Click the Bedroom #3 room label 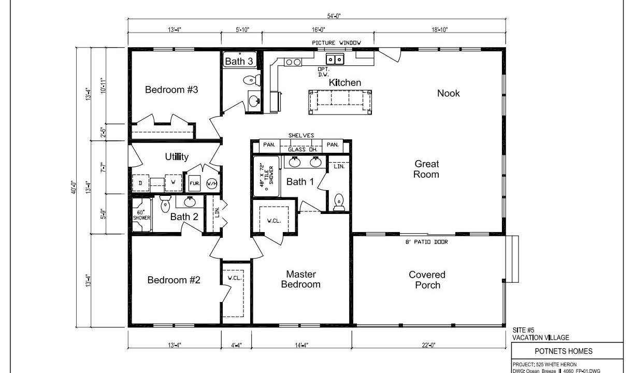(x=171, y=90)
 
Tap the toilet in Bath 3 (x=252, y=80)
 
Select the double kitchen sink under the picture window (x=335, y=59)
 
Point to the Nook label (x=449, y=93)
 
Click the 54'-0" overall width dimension (x=334, y=16)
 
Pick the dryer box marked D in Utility (x=141, y=183)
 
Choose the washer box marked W (x=173, y=182)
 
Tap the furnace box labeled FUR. (x=195, y=183)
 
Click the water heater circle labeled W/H (x=212, y=183)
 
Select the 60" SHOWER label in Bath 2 (x=141, y=215)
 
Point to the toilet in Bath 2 (x=165, y=204)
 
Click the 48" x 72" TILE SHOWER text (x=267, y=176)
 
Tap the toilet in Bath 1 (x=339, y=202)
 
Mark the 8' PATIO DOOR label (x=427, y=242)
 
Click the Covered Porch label (x=427, y=280)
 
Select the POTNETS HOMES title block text (x=564, y=351)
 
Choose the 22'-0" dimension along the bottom (x=429, y=345)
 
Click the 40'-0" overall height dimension (x=74, y=188)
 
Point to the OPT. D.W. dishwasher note (x=324, y=72)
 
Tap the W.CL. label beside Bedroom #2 (x=235, y=278)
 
